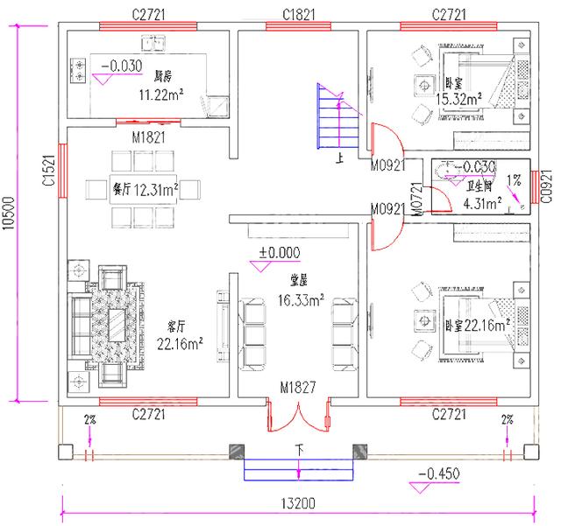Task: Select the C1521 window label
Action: click(x=49, y=167)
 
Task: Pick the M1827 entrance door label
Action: click(x=298, y=387)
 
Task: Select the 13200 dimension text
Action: click(x=299, y=504)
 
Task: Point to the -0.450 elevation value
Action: click(x=437, y=474)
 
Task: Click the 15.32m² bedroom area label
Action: click(x=459, y=99)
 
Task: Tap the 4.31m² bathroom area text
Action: click(x=482, y=204)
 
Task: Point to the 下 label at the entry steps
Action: click(x=299, y=449)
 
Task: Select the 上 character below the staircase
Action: click(x=339, y=160)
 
